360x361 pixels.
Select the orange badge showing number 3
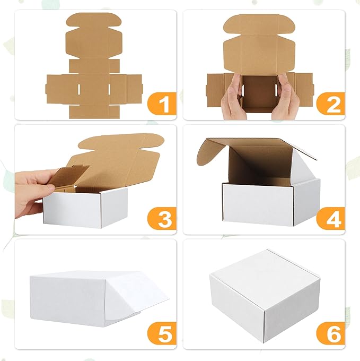162,219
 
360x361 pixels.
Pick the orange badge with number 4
331,219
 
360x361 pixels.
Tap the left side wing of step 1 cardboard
58,88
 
